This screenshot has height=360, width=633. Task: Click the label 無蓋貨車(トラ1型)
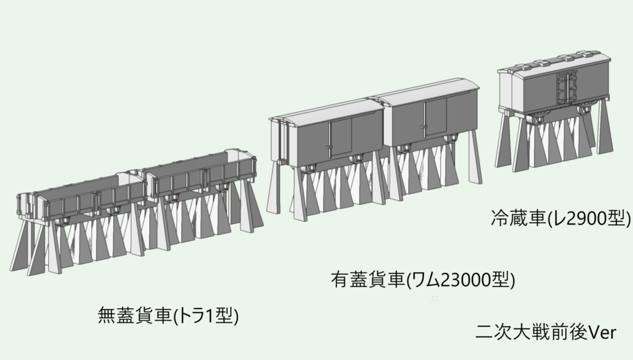[168, 316]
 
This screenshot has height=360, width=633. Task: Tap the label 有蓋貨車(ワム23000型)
[423, 280]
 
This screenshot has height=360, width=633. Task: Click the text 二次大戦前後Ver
[546, 332]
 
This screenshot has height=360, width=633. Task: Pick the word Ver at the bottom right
[601, 332]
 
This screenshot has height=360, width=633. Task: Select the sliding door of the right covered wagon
[435, 116]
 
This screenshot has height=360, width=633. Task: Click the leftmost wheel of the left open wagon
[62, 221]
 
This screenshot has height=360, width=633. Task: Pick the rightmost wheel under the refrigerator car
[583, 109]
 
